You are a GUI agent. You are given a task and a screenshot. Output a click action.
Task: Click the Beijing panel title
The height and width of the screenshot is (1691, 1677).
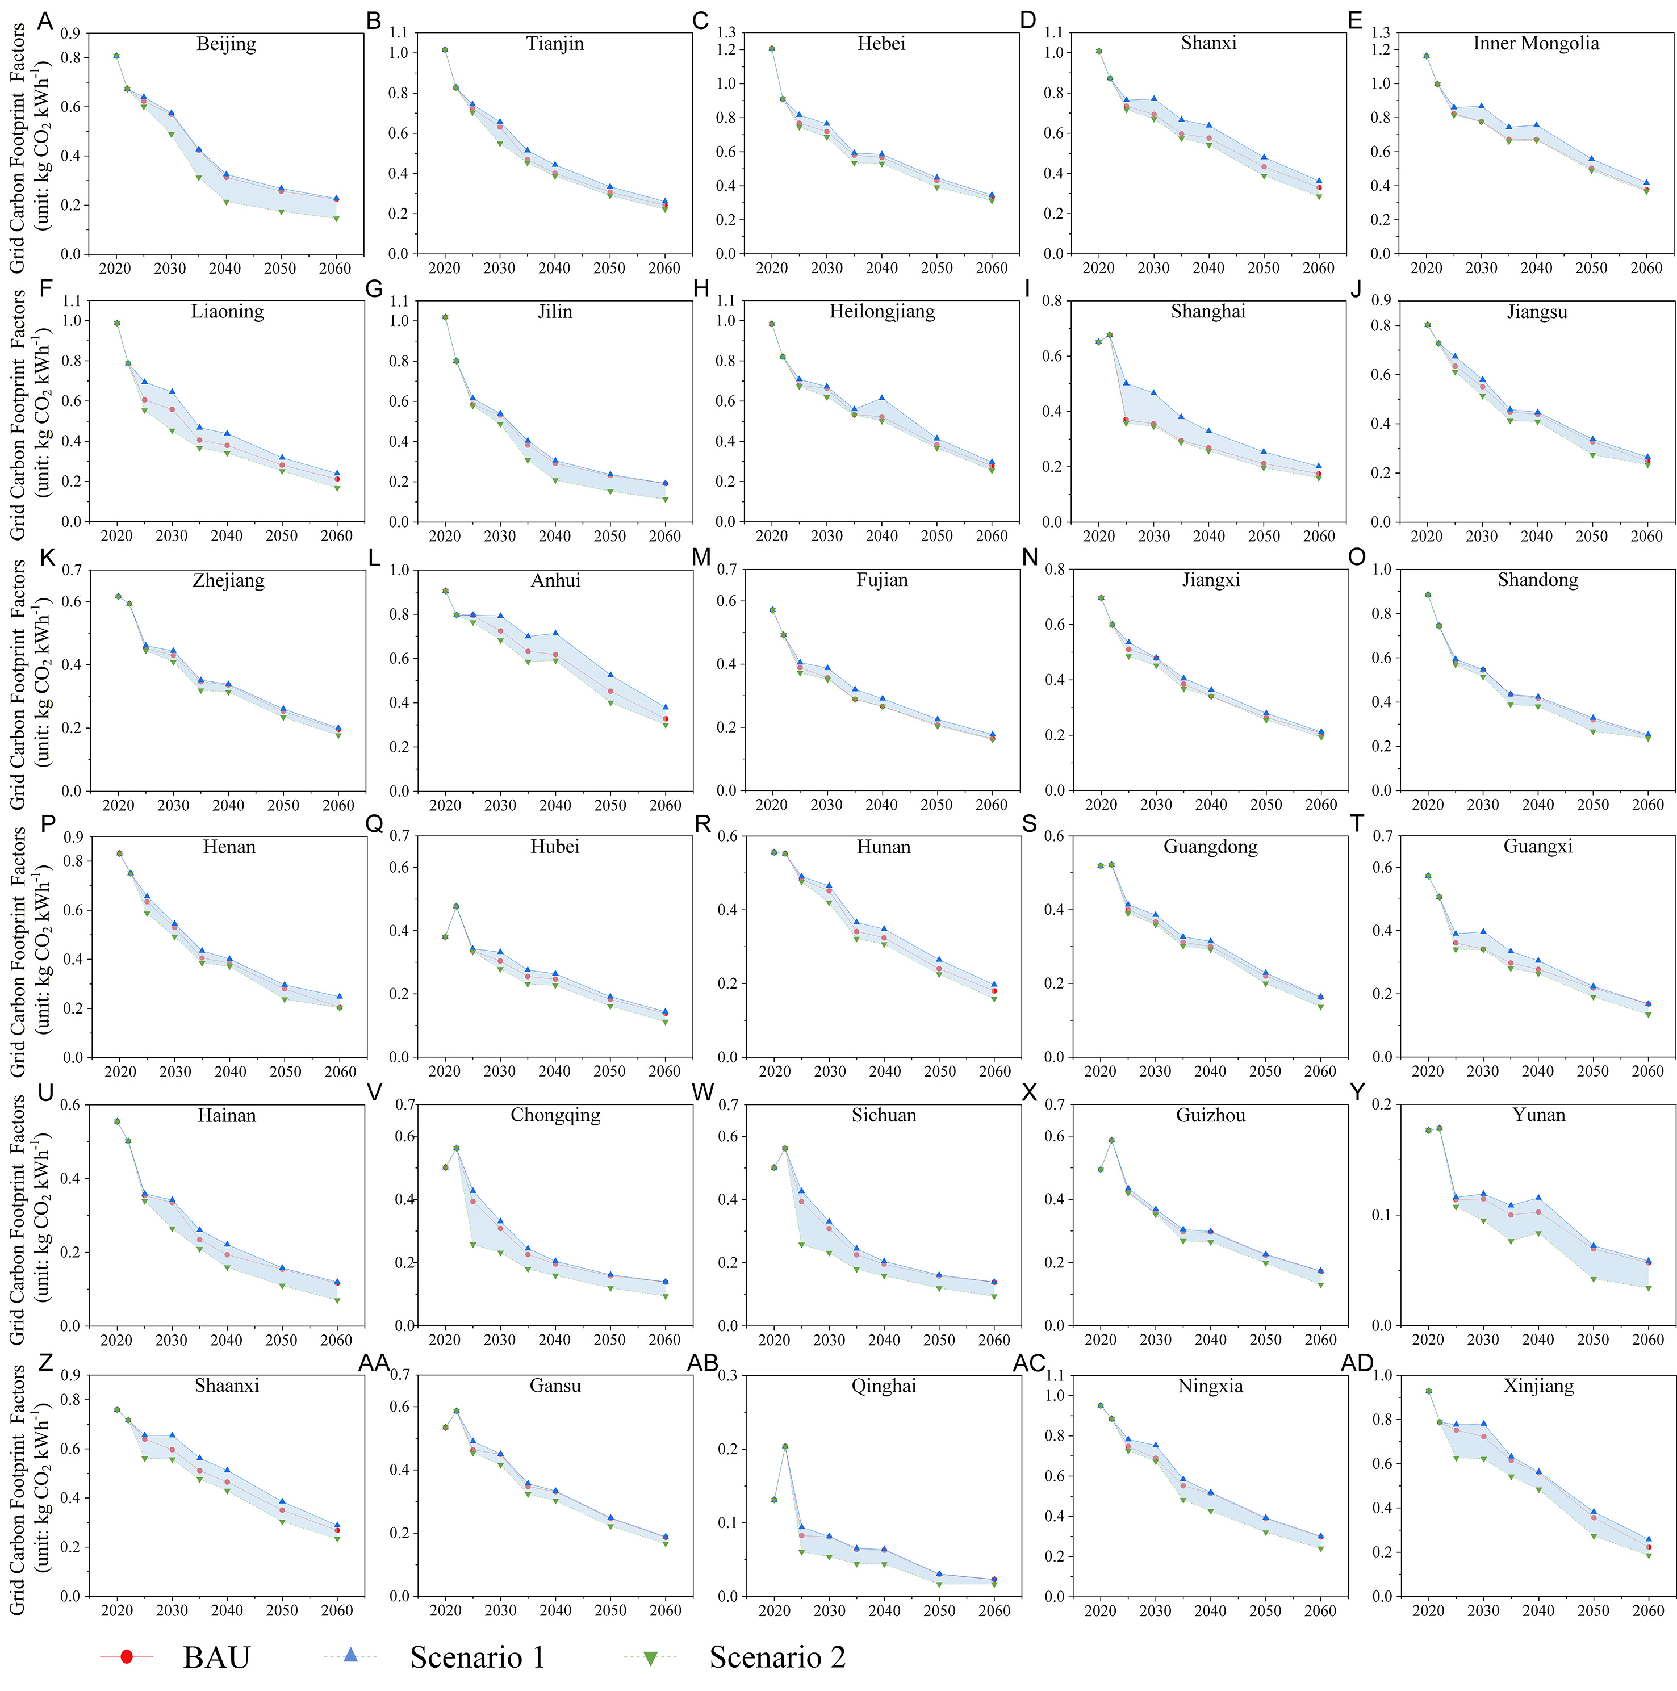226,44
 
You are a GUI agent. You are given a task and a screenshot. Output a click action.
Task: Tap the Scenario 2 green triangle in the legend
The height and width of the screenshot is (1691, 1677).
650,1657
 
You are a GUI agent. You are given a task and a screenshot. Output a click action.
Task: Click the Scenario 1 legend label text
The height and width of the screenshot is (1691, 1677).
477,1657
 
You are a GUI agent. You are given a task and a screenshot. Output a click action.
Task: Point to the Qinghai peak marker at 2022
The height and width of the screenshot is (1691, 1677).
784,1446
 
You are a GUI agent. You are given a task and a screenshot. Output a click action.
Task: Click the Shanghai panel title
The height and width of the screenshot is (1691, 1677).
1208,312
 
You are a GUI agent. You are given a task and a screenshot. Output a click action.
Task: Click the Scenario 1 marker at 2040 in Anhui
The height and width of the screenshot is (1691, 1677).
555,633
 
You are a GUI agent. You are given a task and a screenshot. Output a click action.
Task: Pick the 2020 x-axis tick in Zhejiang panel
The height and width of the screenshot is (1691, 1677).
118,805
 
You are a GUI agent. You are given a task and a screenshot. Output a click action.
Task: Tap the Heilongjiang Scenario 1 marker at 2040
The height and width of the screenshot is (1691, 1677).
881,398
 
